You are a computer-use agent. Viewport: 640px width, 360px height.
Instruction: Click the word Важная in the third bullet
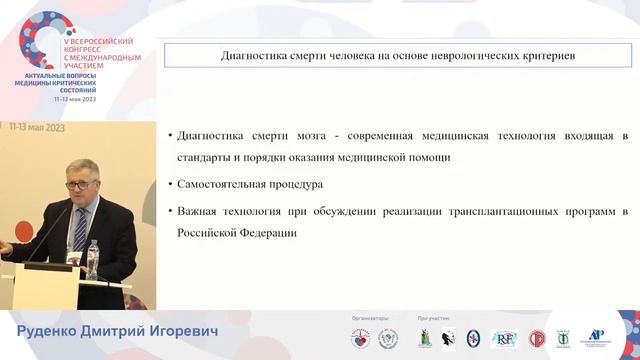[195, 212]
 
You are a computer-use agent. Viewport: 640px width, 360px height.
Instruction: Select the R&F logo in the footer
[503, 338]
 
